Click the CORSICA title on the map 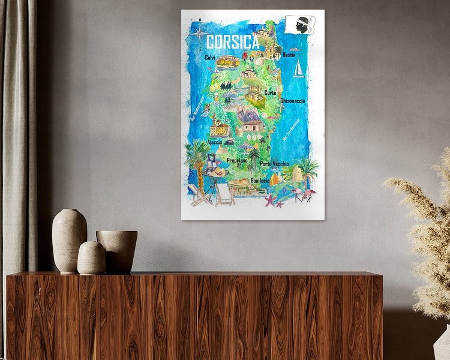click(232, 43)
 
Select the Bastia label click(289, 55)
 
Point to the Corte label click(270, 93)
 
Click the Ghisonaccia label click(292, 101)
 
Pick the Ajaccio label click(214, 142)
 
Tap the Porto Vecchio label click(274, 163)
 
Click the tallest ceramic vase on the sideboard click(69, 240)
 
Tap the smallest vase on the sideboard click(91, 258)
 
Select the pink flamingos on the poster click(308, 194)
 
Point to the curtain click(18, 150)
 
